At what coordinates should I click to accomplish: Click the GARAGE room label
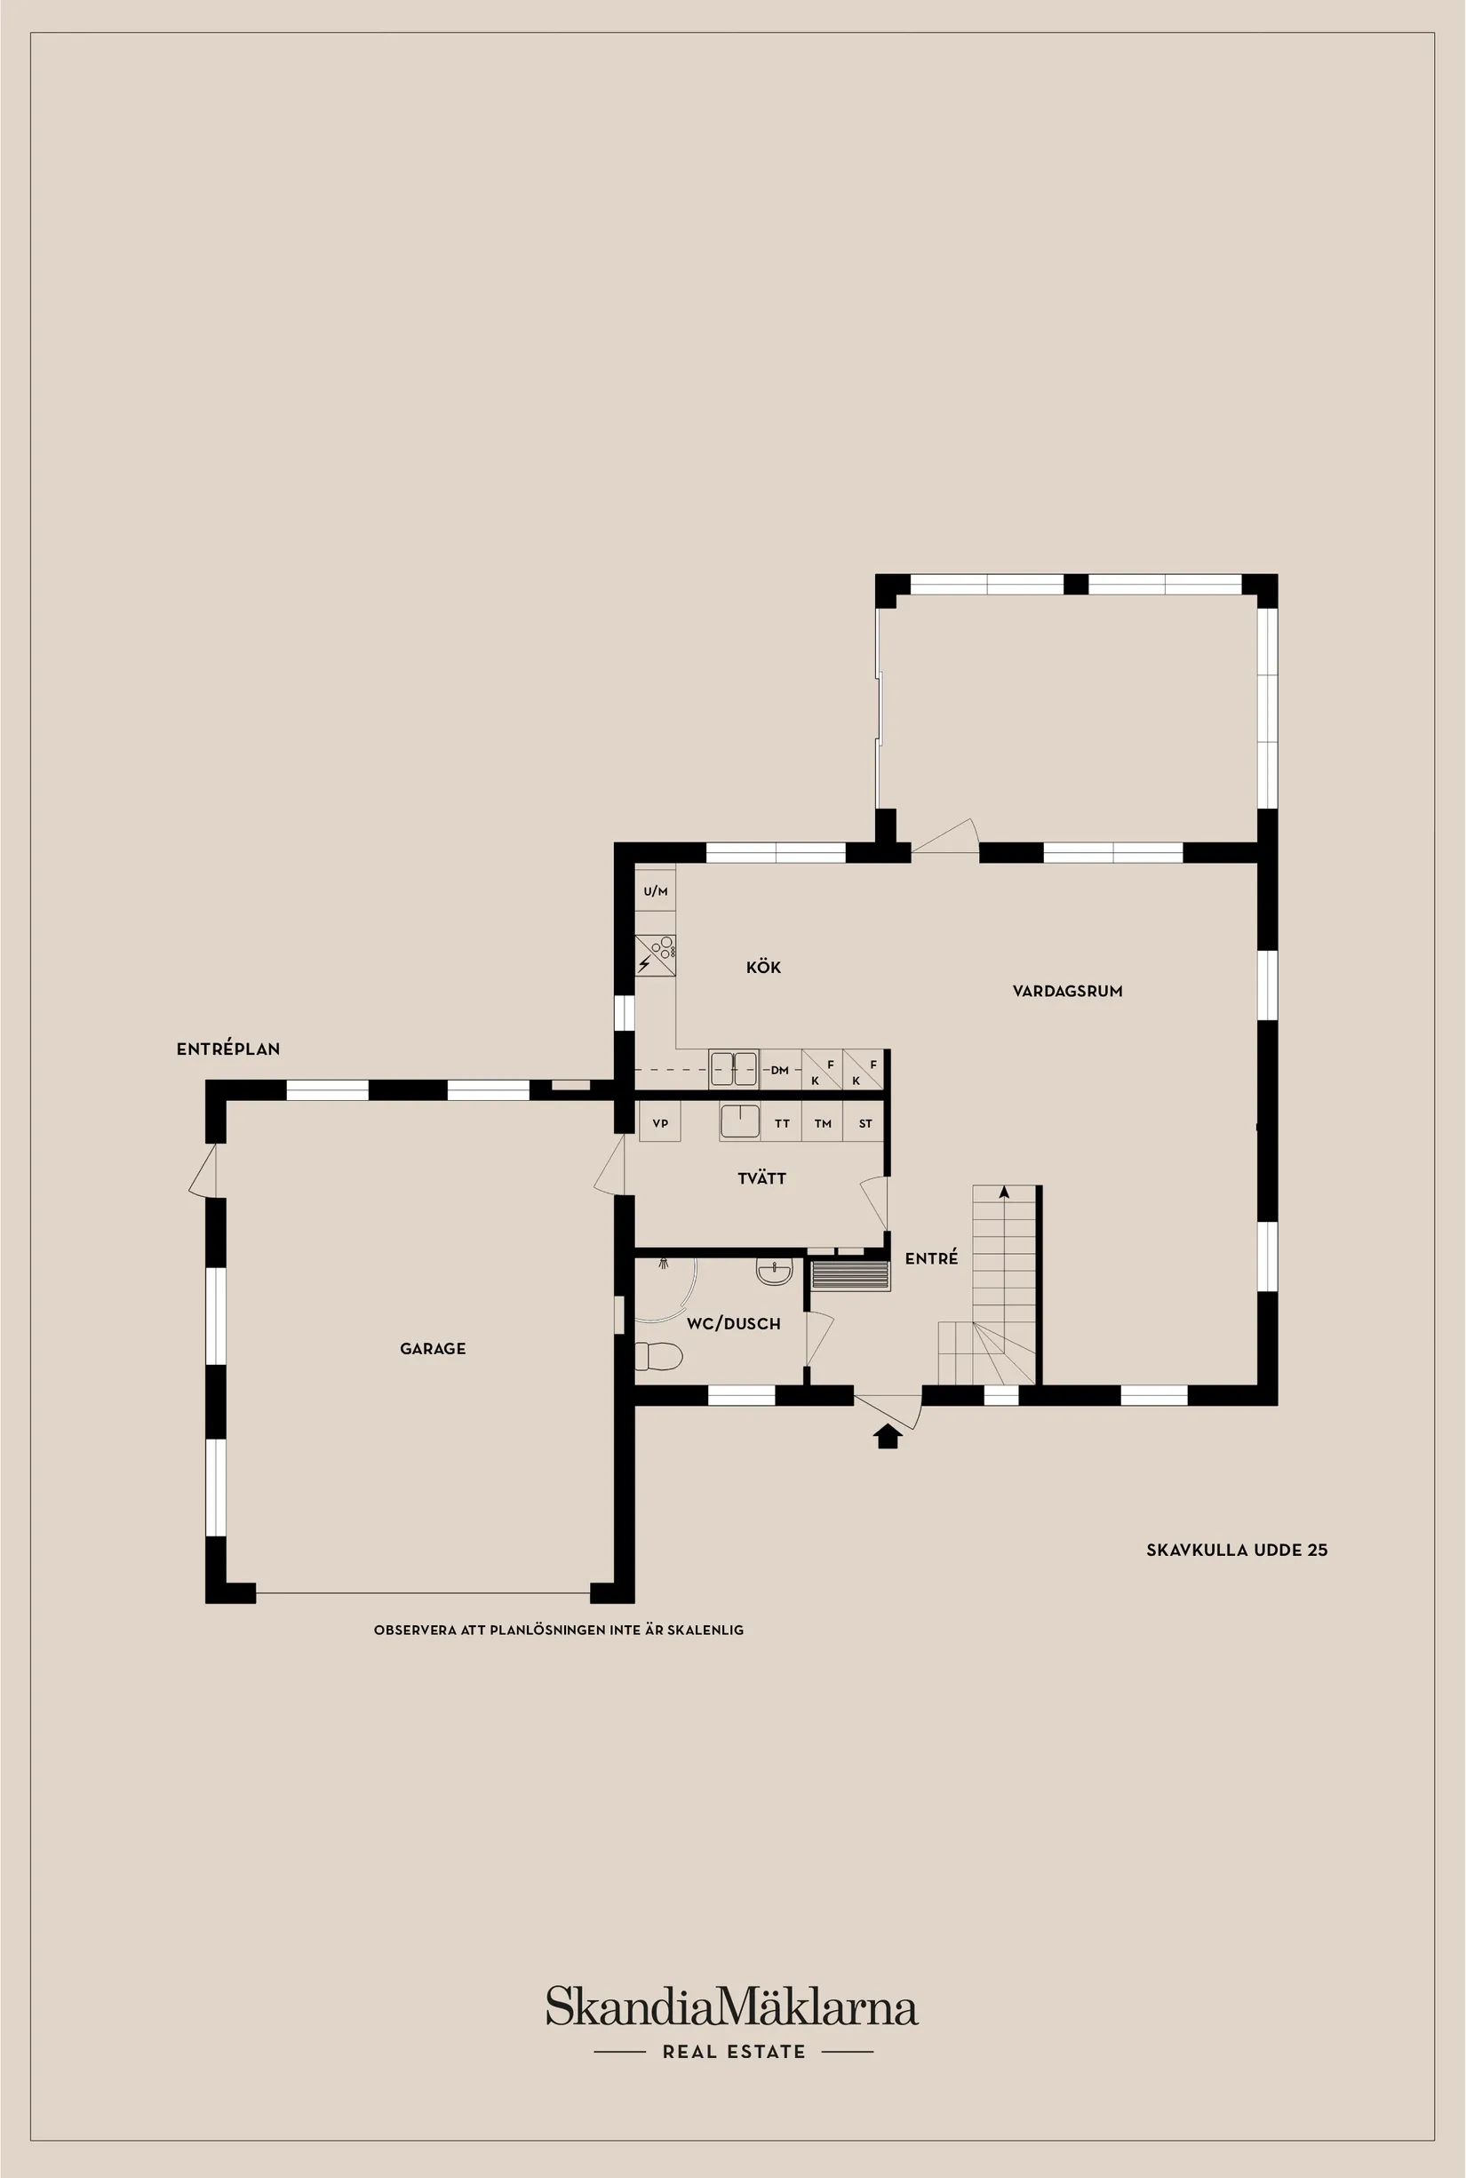click(432, 1349)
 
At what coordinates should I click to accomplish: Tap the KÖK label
click(763, 968)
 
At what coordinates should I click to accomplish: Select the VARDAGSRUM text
click(1067, 992)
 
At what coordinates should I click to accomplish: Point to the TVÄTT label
click(761, 1178)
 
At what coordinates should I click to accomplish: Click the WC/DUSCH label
click(733, 1323)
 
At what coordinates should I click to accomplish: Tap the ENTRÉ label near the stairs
click(931, 1259)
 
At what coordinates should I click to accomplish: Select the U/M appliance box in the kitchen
click(656, 891)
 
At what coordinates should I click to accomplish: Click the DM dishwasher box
click(780, 1070)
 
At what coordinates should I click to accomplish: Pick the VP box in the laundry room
click(660, 1123)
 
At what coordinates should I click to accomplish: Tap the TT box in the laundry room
click(782, 1123)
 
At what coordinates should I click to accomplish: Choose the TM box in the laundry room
click(823, 1123)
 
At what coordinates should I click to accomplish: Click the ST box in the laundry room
click(864, 1123)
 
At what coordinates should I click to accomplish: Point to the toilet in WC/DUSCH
click(658, 1355)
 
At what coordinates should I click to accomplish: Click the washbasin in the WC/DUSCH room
click(774, 1272)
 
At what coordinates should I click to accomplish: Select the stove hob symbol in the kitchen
click(656, 953)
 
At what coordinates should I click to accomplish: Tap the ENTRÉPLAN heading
click(228, 1049)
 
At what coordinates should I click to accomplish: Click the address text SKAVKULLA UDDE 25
click(1236, 1550)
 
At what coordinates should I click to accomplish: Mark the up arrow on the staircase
click(1004, 1193)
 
